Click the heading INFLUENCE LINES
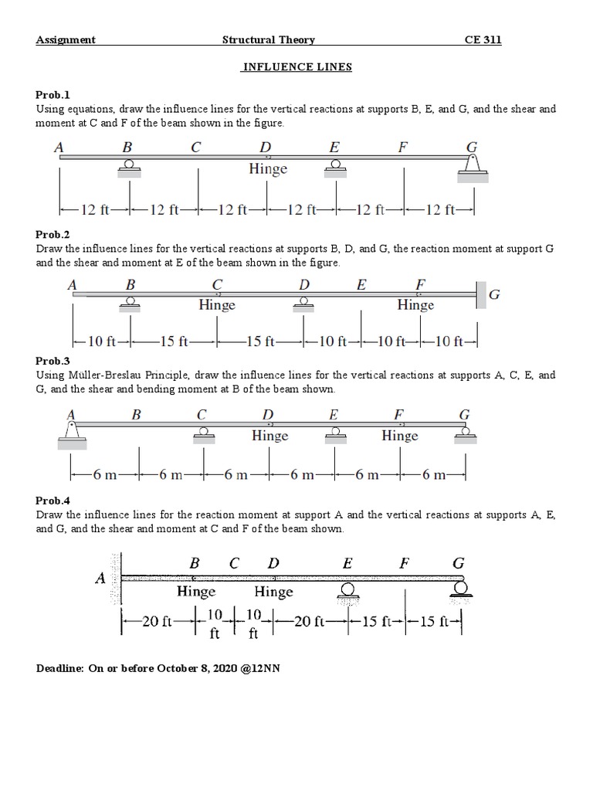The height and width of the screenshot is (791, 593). (x=296, y=67)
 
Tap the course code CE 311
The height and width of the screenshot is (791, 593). (x=482, y=40)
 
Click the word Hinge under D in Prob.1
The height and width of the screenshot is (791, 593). (x=268, y=168)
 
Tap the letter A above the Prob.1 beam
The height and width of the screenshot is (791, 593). (x=59, y=147)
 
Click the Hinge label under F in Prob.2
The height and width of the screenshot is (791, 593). (x=415, y=305)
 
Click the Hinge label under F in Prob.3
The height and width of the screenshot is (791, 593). (x=399, y=436)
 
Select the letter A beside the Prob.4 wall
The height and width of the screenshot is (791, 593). (x=100, y=579)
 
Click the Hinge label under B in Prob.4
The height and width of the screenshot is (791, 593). (x=196, y=592)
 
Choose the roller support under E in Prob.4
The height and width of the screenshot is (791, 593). (x=347, y=589)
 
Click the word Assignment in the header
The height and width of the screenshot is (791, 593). (x=66, y=40)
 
